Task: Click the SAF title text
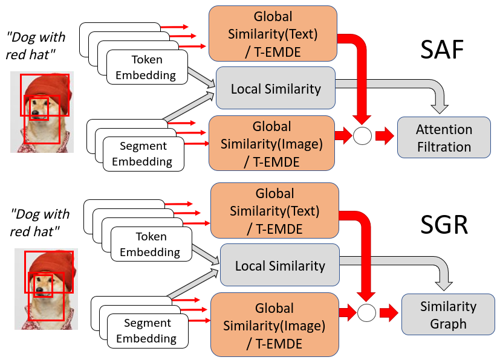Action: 442,50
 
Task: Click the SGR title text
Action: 444,225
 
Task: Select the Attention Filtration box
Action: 444,137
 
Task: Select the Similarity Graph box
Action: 448,314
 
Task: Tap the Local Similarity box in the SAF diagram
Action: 276,88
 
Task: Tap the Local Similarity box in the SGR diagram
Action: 280,265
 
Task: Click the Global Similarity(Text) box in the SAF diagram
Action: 273,33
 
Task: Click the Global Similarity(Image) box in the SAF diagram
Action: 271,143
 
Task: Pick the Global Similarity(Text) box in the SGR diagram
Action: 274,210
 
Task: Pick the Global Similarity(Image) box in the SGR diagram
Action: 274,324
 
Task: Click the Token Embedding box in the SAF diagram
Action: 147,67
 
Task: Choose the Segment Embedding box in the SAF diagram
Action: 143,154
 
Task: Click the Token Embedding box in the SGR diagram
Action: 151,244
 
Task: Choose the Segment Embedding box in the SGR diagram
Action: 148,330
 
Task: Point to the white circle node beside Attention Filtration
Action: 362,136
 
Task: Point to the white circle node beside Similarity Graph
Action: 366,312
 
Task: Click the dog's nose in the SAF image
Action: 35,112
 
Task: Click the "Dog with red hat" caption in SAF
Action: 36,46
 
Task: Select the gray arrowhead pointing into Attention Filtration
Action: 440,109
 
